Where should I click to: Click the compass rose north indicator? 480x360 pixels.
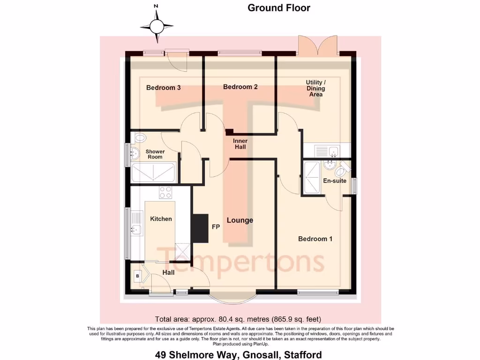click(x=157, y=26)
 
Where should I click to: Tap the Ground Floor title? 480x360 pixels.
click(x=279, y=7)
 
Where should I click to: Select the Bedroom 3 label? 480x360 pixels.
click(x=163, y=88)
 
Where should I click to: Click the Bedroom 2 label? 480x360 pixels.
click(x=240, y=87)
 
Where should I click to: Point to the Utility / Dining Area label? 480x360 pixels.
click(x=315, y=88)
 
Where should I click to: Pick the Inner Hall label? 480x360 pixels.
click(x=240, y=144)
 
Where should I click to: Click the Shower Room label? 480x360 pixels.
click(x=155, y=154)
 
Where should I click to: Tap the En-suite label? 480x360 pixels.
click(x=334, y=180)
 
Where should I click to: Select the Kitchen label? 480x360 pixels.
click(x=161, y=219)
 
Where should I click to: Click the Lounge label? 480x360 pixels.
click(x=240, y=220)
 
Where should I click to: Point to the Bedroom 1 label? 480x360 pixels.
click(x=315, y=239)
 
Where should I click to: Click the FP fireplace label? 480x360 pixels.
click(x=216, y=226)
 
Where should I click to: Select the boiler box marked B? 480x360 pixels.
click(x=137, y=276)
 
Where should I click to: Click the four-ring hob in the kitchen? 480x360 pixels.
click(x=165, y=193)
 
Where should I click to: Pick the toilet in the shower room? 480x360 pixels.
click(x=140, y=138)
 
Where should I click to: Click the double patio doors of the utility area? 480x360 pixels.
click(x=318, y=46)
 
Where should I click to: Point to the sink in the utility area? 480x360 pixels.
click(x=334, y=151)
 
